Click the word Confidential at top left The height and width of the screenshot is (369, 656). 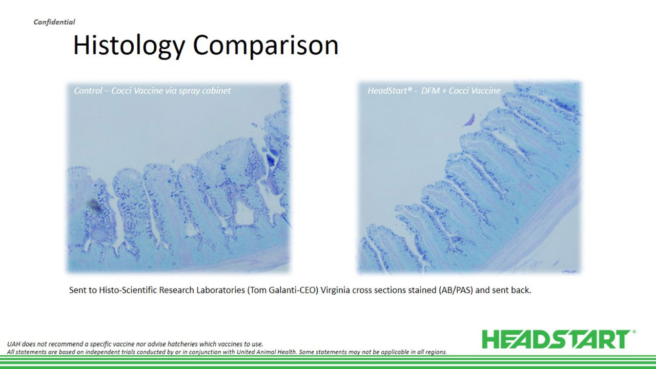pos(54,22)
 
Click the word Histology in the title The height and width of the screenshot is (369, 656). pos(129,46)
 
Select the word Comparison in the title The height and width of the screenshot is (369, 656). pos(265,45)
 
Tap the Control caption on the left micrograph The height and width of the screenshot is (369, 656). pos(152,91)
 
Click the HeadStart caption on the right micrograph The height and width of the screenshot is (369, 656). pos(434,91)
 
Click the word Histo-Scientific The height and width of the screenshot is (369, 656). pos(129,290)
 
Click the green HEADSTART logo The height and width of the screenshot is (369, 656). pos(556,339)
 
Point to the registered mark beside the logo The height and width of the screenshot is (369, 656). pos(634,332)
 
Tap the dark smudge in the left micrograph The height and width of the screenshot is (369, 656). pos(95,205)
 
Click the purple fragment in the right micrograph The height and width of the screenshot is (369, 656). pos(470,120)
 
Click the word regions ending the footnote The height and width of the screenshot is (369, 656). pos(437,352)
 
